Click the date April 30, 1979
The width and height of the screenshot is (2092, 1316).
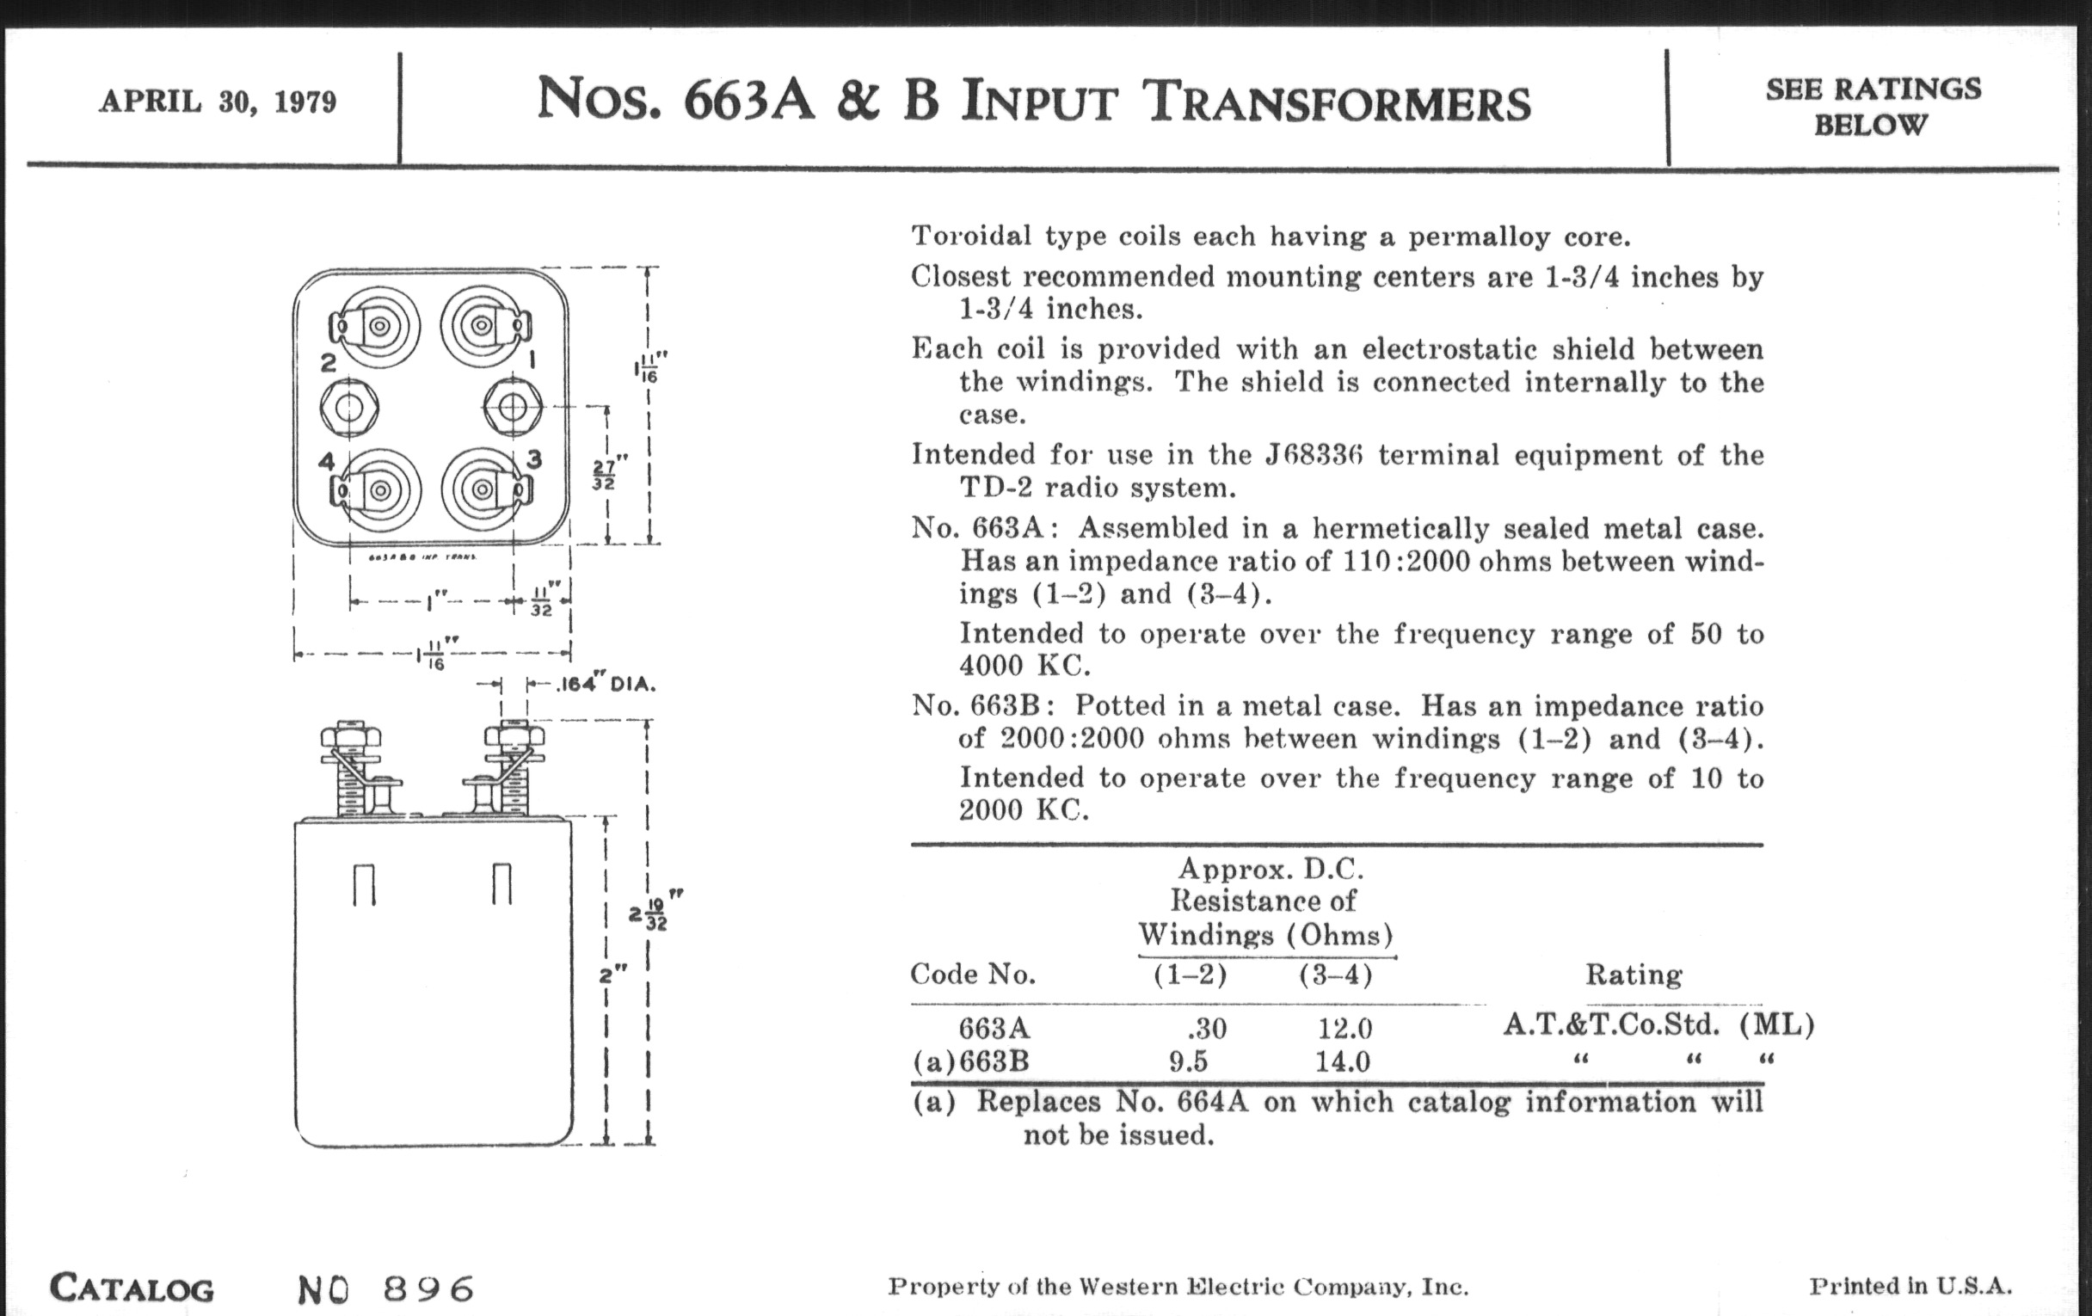coord(217,101)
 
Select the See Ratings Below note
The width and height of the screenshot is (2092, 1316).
coord(1872,107)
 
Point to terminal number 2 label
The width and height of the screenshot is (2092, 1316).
coord(328,362)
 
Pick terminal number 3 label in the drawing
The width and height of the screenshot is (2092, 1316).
coord(534,459)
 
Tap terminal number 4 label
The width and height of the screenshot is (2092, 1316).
coord(327,461)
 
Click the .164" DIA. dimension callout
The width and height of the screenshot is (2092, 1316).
coord(605,685)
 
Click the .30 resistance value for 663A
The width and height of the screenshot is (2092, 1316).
coord(1207,1029)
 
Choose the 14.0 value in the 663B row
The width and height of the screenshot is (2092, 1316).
coord(1343,1061)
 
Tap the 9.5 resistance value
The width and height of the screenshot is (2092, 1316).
coord(1188,1061)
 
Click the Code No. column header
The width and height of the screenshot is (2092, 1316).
coord(972,975)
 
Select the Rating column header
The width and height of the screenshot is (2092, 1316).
coord(1634,975)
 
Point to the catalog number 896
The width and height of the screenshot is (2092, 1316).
coord(428,1289)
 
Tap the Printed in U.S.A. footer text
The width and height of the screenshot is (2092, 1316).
coord(1910,1287)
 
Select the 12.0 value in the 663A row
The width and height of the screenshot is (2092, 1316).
coord(1344,1029)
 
